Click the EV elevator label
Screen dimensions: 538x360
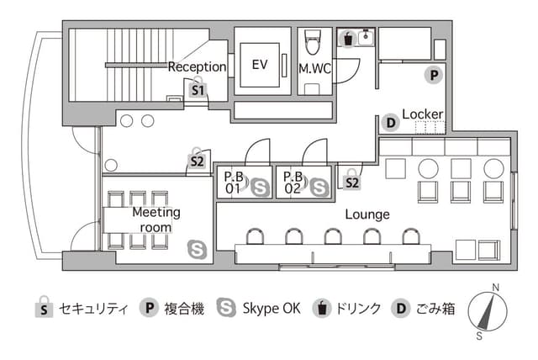coord(260,65)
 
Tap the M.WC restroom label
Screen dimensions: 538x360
coord(314,69)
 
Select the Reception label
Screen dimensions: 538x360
coord(197,67)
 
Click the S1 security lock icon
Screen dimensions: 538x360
coord(198,87)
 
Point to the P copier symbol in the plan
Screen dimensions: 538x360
coord(434,75)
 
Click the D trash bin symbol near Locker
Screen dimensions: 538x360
coord(390,123)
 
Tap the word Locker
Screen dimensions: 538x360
coord(422,114)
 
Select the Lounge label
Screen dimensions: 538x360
coord(367,214)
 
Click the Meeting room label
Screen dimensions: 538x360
coord(156,220)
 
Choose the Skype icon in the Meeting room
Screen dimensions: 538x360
coord(198,250)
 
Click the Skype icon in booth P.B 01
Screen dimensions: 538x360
coord(260,188)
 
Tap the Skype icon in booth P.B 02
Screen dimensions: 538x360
coord(319,188)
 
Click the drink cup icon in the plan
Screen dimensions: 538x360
coord(347,39)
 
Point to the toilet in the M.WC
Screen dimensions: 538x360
coord(312,41)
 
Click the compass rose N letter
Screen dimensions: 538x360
coord(495,288)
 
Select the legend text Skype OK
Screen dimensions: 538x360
coord(272,309)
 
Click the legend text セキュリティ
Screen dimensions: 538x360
coord(93,309)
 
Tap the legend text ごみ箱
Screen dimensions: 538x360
coord(435,309)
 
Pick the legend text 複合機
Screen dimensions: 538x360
coord(184,309)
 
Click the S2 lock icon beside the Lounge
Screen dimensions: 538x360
coord(352,179)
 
